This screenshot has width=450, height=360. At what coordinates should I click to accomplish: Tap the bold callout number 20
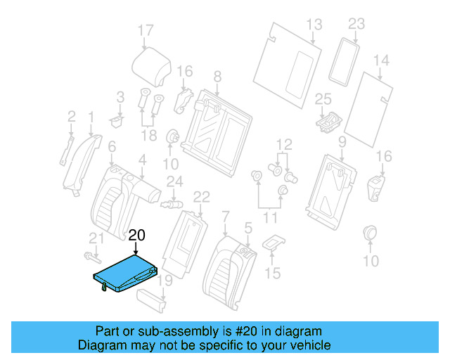click(x=136, y=236)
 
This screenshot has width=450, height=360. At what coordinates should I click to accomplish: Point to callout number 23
click(x=356, y=24)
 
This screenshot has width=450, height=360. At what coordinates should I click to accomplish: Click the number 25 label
click(x=323, y=98)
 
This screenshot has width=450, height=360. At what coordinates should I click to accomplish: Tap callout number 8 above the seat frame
click(x=217, y=75)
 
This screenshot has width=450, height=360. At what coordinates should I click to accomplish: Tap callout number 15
click(x=271, y=273)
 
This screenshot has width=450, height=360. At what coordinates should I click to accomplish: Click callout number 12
click(x=283, y=145)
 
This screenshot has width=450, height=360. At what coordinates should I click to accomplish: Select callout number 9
click(x=342, y=143)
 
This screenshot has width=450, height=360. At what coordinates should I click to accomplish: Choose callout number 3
click(x=120, y=96)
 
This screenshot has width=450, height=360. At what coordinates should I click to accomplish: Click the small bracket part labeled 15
click(x=274, y=243)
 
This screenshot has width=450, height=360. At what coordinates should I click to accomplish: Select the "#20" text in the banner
click(x=230, y=331)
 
